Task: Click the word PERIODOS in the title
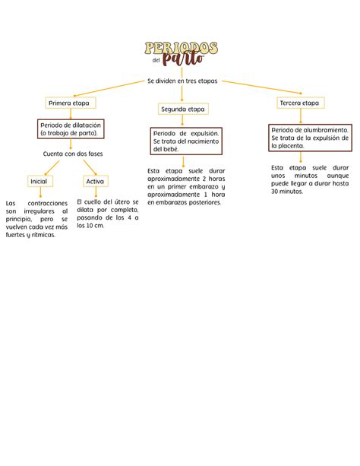tap(182, 48)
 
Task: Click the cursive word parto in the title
tap(183, 59)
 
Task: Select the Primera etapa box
tap(71, 103)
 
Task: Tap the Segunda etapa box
tap(183, 109)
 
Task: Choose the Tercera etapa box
tap(301, 103)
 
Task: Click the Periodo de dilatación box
tap(71, 129)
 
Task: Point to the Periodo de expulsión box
tap(186, 141)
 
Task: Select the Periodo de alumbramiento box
tap(310, 138)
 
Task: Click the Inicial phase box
tap(40, 181)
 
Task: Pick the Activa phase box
tap(96, 181)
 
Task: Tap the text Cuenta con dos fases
tap(73, 154)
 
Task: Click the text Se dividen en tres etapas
tap(182, 81)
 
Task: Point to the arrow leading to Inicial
tap(52, 168)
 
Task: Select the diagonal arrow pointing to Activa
tap(90, 167)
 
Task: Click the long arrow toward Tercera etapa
tap(262, 87)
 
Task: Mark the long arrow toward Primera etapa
tap(109, 89)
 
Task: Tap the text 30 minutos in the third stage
tap(287, 192)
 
